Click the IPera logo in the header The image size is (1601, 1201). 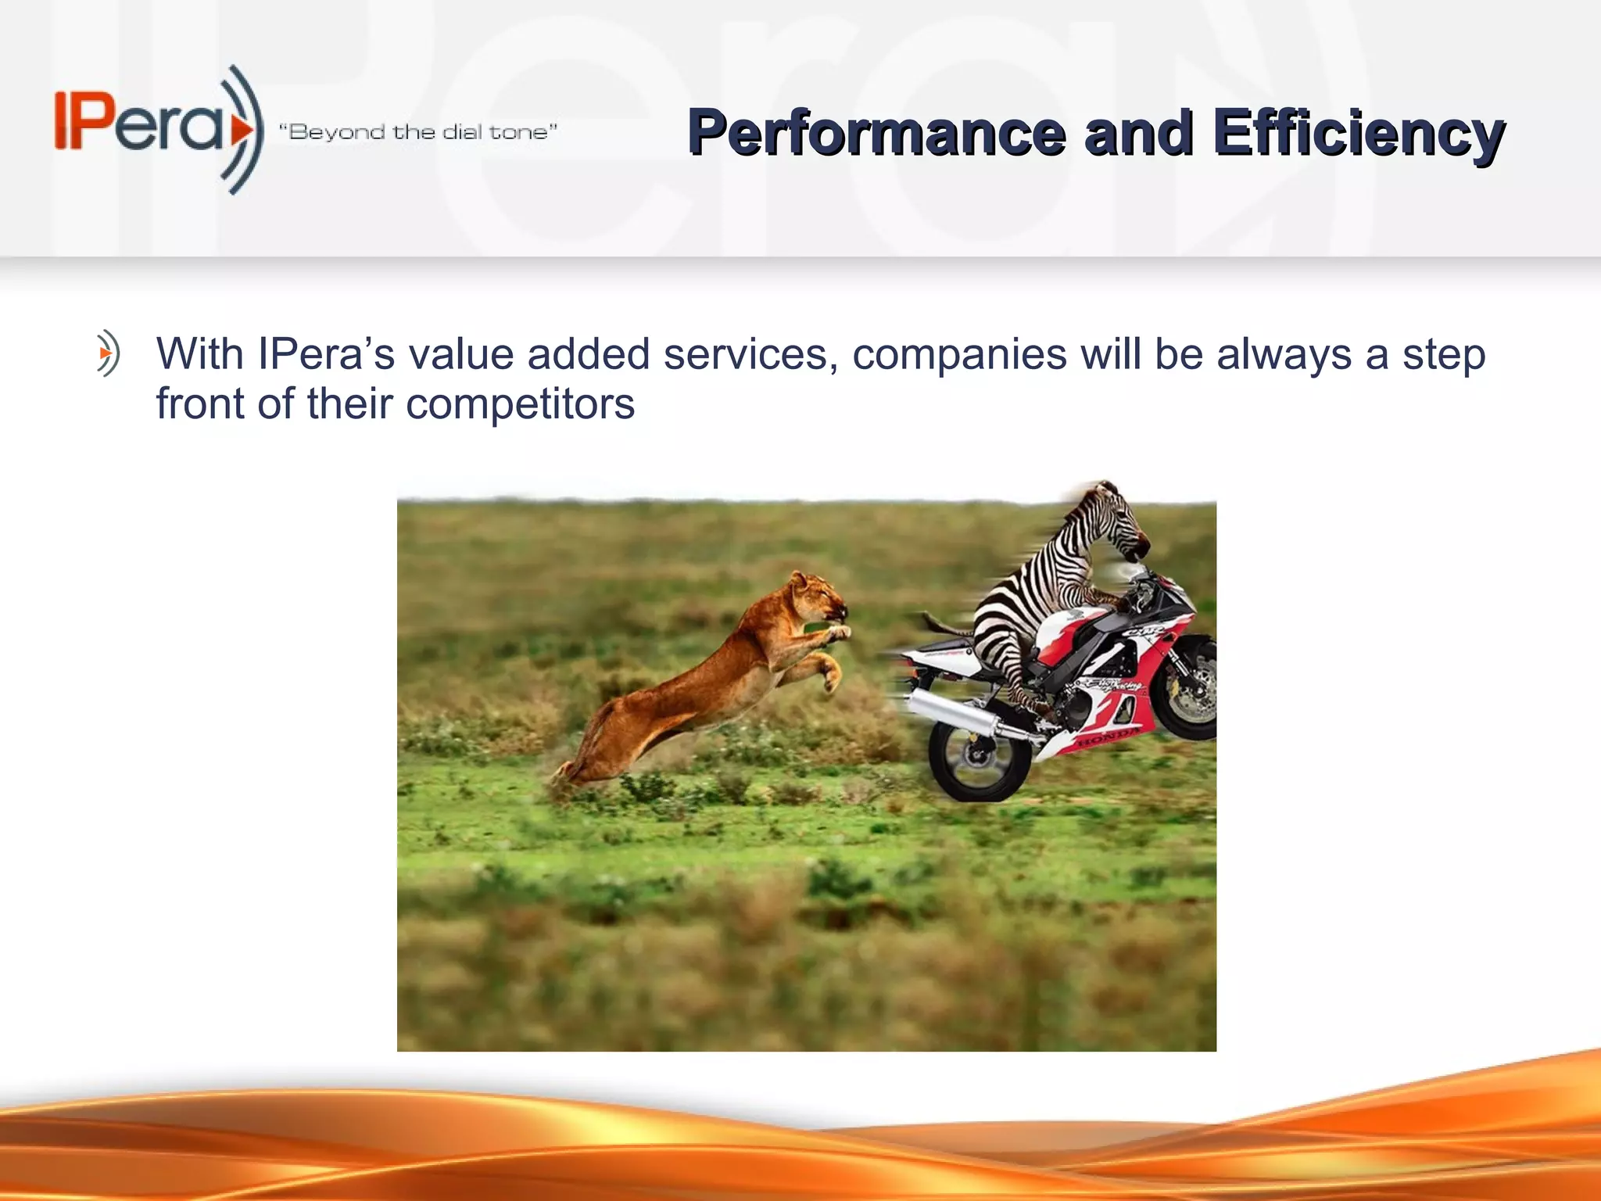click(x=156, y=129)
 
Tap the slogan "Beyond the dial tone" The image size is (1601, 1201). click(x=418, y=131)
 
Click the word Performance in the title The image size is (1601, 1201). click(x=876, y=133)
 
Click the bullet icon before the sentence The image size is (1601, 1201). click(x=108, y=354)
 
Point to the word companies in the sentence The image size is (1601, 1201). click(x=959, y=354)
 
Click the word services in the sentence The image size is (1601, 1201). click(x=751, y=354)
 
